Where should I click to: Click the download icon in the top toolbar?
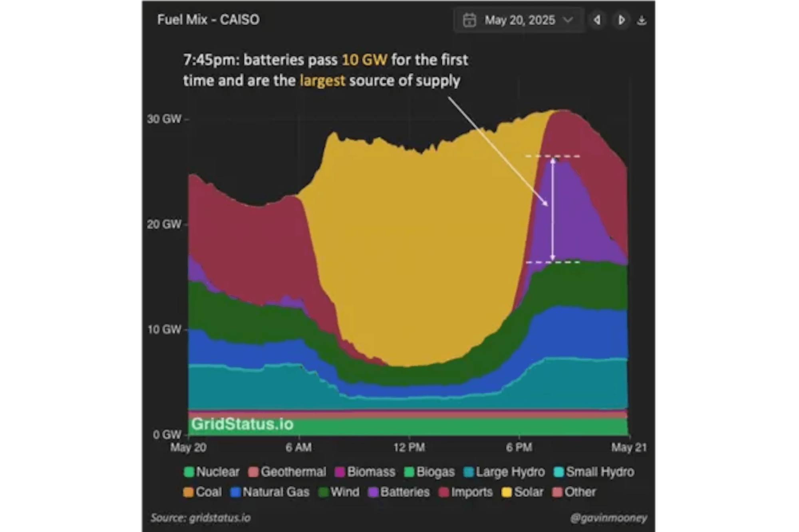coord(642,20)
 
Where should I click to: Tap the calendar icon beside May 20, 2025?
coord(469,20)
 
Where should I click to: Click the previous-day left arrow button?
coord(597,20)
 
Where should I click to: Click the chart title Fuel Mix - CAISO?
coord(208,20)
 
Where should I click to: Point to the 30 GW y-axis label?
coord(164,119)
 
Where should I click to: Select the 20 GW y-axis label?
coord(164,224)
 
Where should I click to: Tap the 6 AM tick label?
coord(298,447)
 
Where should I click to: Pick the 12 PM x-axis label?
coord(409,447)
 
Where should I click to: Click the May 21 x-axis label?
coord(629,447)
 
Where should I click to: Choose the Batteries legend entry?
coord(399,492)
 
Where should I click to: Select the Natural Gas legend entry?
coord(270,492)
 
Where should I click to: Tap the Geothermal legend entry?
coord(287,472)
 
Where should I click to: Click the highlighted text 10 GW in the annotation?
coord(364,60)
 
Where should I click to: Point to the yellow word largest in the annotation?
coord(322,81)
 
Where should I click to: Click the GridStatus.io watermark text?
coord(242,424)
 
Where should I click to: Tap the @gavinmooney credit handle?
coord(608,518)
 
